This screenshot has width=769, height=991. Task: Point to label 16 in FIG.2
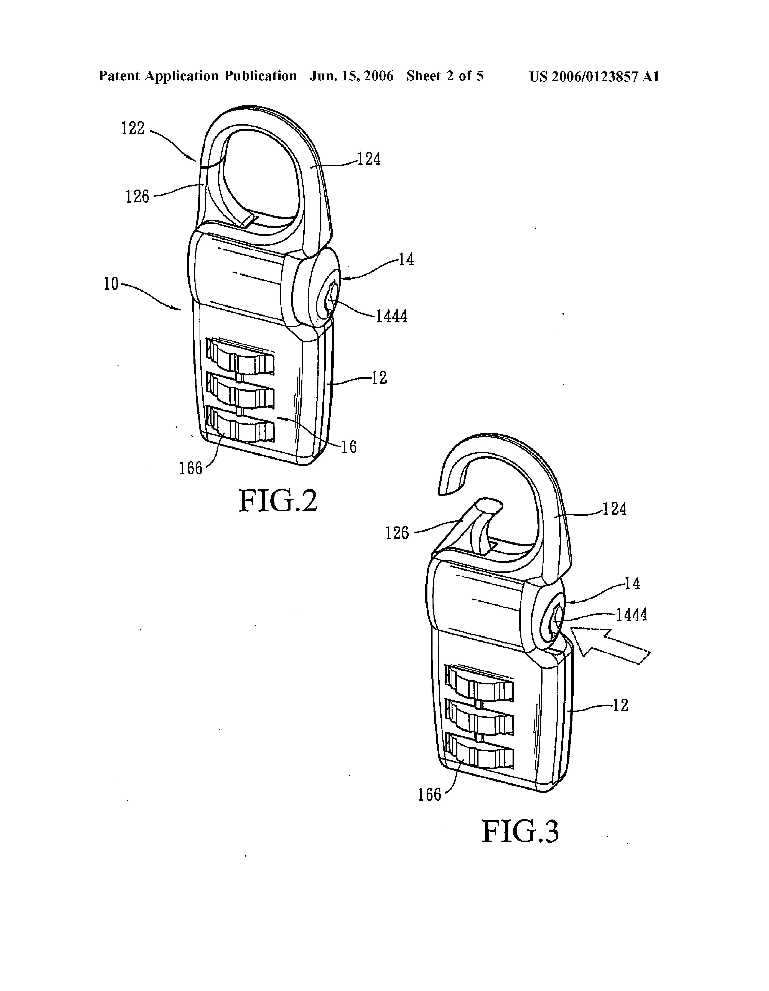click(x=349, y=447)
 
